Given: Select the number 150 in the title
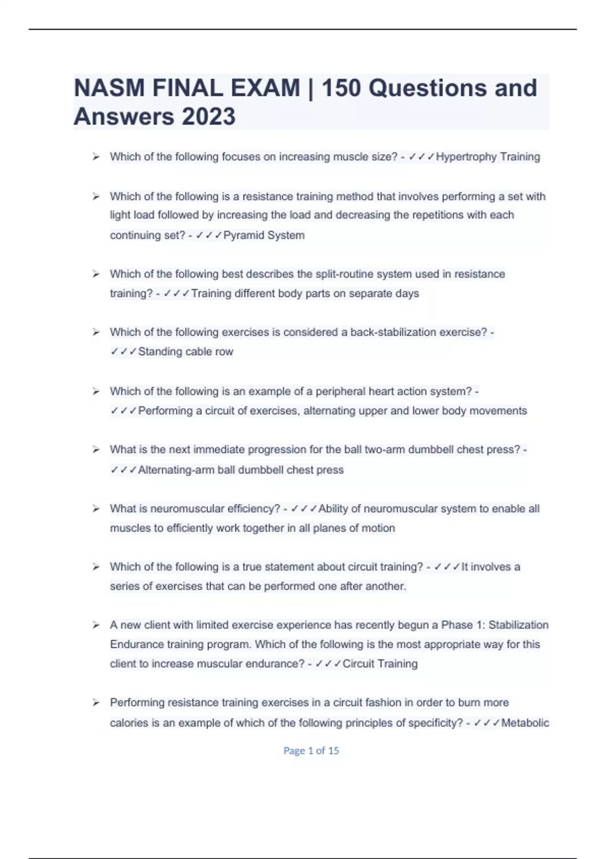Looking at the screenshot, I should coord(341,88).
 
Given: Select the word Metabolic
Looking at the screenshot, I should coord(525,723).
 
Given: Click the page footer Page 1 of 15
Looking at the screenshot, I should coord(311,751).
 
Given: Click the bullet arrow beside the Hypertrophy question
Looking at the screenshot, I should coord(96,157).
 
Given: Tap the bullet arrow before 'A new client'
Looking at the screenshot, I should coord(96,626).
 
